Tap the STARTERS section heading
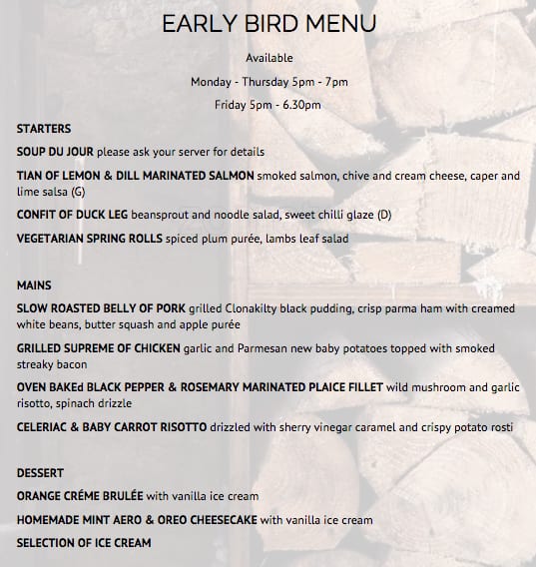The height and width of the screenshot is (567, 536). tap(44, 130)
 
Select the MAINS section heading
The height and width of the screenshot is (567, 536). tap(34, 285)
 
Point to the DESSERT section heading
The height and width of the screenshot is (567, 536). tap(41, 472)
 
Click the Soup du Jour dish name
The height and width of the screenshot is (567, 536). tap(55, 153)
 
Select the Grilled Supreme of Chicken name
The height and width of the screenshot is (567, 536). tap(98, 348)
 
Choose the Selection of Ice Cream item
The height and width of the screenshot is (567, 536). tap(84, 543)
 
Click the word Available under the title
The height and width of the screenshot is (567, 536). tap(268, 59)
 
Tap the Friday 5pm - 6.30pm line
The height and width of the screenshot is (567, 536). tap(268, 105)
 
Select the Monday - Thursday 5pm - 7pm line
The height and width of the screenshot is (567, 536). tap(268, 82)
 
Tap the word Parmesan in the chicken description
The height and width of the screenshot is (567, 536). tap(254, 348)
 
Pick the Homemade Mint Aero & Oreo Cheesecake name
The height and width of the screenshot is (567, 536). tap(137, 520)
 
